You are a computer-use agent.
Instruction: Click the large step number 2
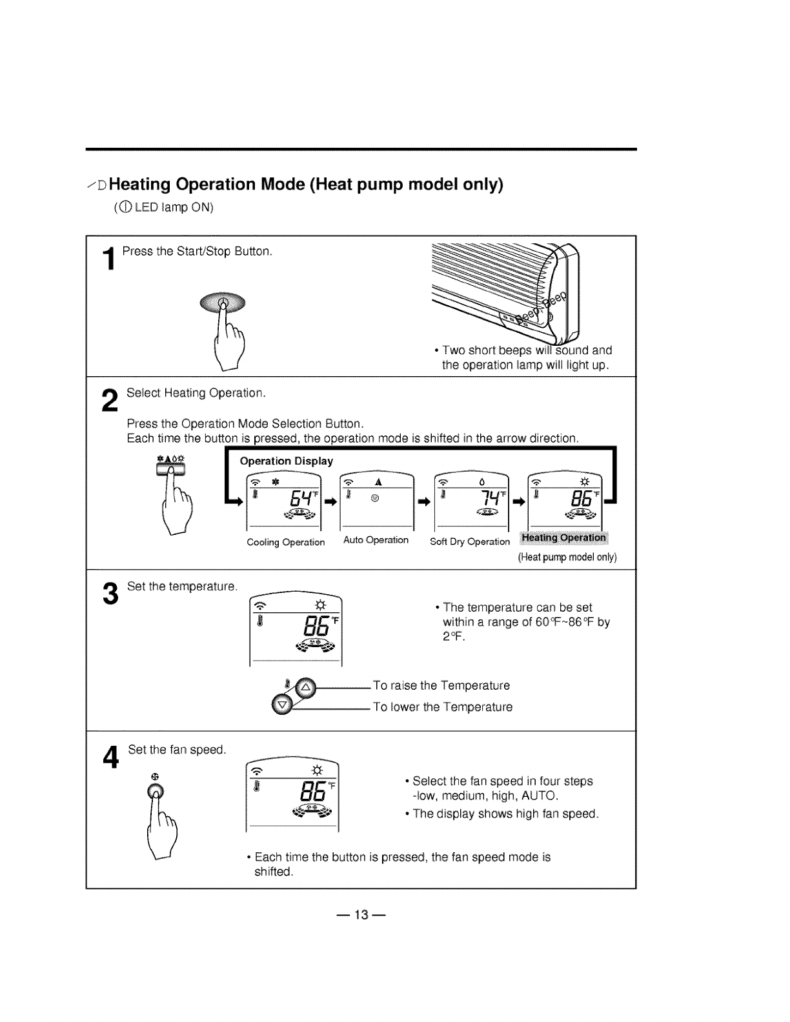(110, 401)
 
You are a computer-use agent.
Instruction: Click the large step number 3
(110, 594)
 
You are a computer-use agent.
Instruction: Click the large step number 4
(111, 757)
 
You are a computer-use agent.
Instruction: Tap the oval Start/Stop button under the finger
(223, 302)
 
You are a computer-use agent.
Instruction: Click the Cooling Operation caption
(285, 543)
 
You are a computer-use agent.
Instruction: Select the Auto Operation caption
(376, 540)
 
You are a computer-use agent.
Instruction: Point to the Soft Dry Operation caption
(469, 542)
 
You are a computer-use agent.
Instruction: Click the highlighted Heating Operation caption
(563, 538)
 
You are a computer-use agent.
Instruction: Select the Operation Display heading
(286, 461)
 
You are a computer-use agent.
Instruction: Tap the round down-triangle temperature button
(281, 706)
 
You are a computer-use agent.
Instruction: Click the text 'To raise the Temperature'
(441, 686)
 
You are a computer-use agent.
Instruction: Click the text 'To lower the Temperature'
(443, 707)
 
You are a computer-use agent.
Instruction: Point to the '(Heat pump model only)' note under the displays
(567, 557)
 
